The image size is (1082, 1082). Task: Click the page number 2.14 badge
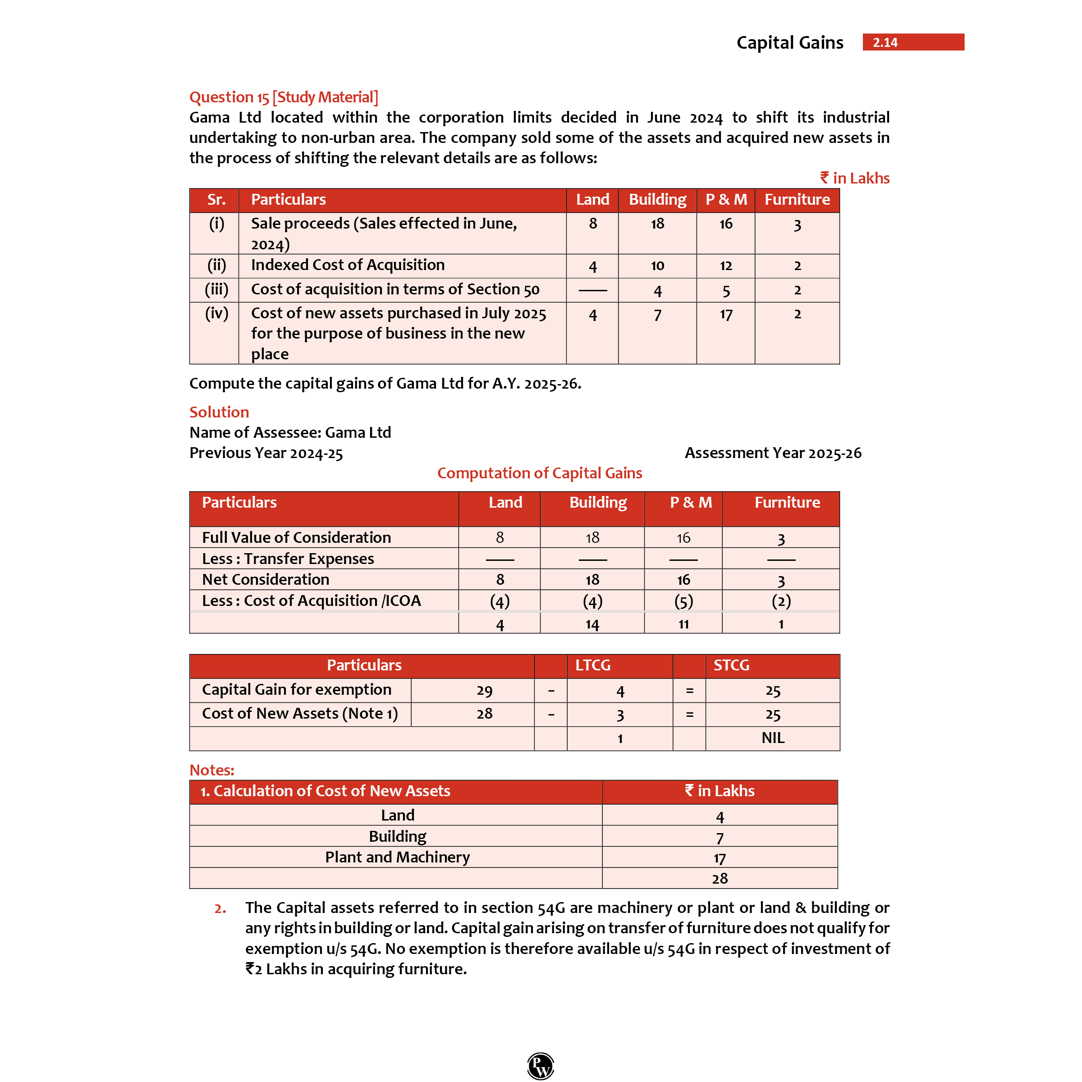[x=913, y=42]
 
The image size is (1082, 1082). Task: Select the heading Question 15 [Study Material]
[x=284, y=97]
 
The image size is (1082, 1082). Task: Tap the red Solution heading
[x=219, y=412]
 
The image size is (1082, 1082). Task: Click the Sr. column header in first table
[x=216, y=199]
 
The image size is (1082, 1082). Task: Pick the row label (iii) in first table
[x=216, y=289]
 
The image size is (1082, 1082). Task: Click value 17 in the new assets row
[x=725, y=315]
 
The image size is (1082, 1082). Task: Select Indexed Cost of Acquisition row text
[x=347, y=265]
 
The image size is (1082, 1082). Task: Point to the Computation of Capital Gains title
[x=539, y=473]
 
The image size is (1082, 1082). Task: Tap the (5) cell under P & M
[x=683, y=601]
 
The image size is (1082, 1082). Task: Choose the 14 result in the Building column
[x=592, y=624]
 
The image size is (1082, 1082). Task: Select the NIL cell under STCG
[x=772, y=738]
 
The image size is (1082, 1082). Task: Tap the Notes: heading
[x=212, y=770]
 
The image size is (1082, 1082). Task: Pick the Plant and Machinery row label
[x=397, y=857]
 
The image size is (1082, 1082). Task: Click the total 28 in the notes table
[x=720, y=878]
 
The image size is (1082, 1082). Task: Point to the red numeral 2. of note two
[x=220, y=908]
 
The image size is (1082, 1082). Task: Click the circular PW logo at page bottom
[x=541, y=1065]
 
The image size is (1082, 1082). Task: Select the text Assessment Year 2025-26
[x=773, y=453]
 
